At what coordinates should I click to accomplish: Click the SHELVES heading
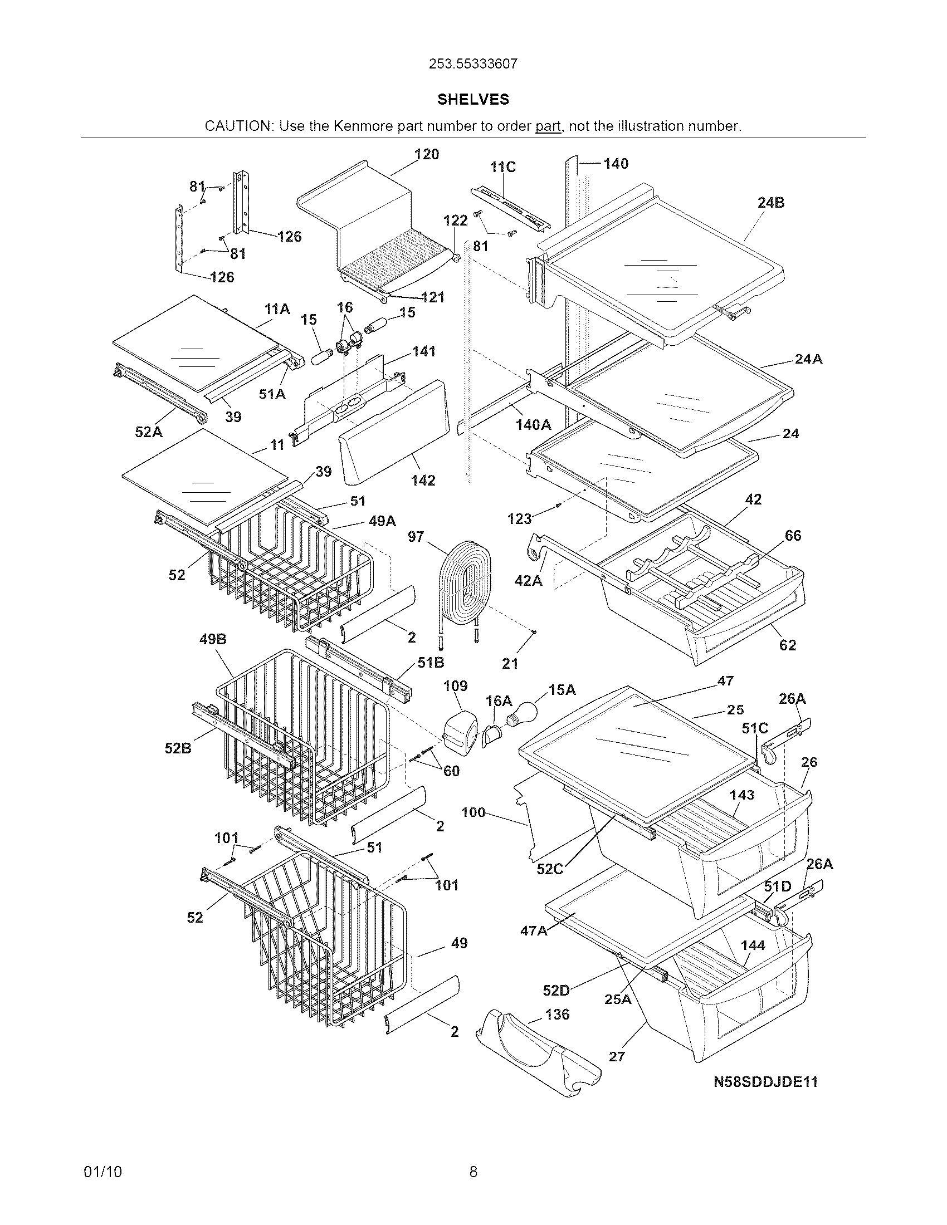pyautogui.click(x=473, y=99)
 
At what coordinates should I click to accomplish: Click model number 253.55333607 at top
pyautogui.click(x=473, y=64)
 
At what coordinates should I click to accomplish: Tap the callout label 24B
pyautogui.click(x=771, y=203)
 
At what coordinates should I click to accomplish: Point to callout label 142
pyautogui.click(x=422, y=481)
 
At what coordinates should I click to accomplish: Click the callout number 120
pyautogui.click(x=426, y=154)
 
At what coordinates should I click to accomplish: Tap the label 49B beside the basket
pyautogui.click(x=213, y=639)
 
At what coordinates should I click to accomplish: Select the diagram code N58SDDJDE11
pyautogui.click(x=765, y=1082)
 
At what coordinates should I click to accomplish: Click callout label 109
pyautogui.click(x=455, y=686)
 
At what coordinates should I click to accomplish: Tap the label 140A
pyautogui.click(x=533, y=425)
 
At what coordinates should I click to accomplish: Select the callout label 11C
pyautogui.click(x=502, y=167)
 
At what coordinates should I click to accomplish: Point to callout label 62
pyautogui.click(x=788, y=645)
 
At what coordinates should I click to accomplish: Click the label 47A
pyautogui.click(x=534, y=931)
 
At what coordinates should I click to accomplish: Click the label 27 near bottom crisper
pyautogui.click(x=617, y=1057)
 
